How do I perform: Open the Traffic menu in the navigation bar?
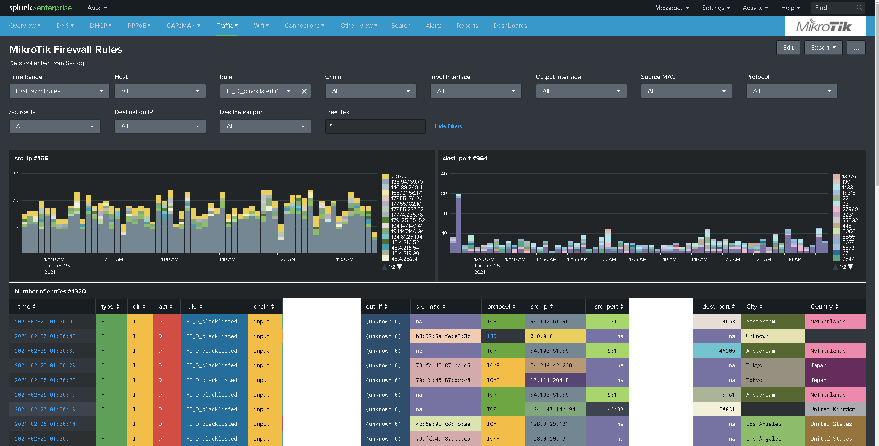click(x=227, y=26)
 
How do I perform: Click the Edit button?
click(x=788, y=48)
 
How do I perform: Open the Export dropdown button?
click(x=823, y=48)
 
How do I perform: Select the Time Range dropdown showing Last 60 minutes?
click(x=59, y=91)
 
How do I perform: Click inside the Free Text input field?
click(x=375, y=126)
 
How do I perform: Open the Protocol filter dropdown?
click(x=792, y=91)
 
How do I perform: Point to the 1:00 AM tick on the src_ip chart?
click(x=170, y=259)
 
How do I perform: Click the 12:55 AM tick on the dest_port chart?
click(x=577, y=259)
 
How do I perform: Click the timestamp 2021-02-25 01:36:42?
click(x=45, y=336)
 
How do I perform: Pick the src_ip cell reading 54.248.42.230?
click(x=551, y=365)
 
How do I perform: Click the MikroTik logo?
click(x=825, y=26)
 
